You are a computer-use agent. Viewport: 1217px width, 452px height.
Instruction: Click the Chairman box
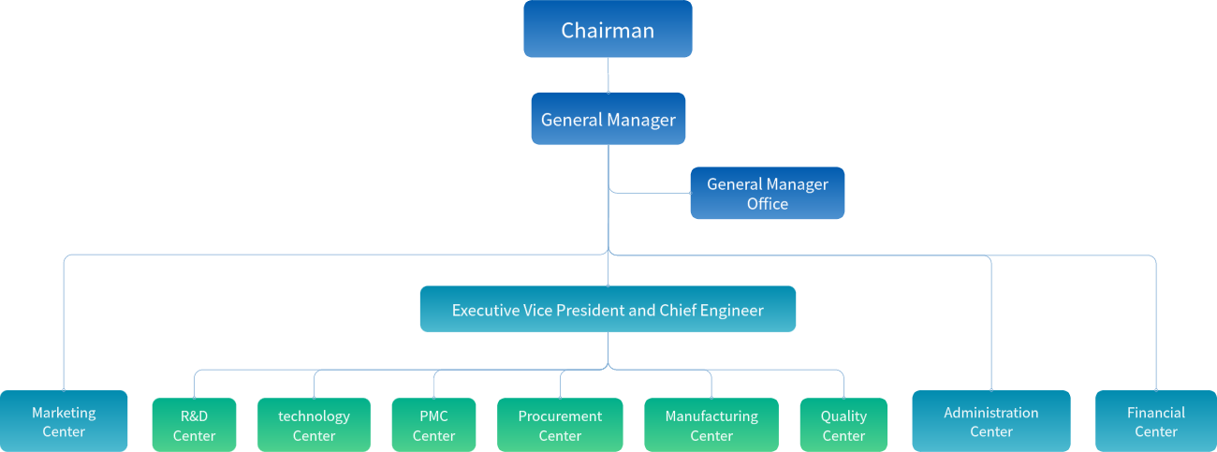pos(608,29)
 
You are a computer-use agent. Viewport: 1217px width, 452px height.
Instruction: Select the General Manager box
pos(608,119)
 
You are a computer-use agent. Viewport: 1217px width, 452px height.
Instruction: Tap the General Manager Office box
pos(767,194)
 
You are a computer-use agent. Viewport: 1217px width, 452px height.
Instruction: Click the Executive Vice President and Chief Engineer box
pos(608,310)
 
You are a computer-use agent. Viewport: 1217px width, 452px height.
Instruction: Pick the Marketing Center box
pos(64,422)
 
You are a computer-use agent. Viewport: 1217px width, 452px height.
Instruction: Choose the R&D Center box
pos(194,426)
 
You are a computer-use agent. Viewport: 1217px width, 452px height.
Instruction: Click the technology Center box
pos(314,426)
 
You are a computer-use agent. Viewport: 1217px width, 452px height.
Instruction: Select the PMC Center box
pos(433,426)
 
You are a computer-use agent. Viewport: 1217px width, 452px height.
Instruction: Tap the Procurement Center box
pos(560,426)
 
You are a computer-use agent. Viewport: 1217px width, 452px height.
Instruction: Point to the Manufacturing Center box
pos(711,426)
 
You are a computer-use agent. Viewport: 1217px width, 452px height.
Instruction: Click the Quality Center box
pos(843,426)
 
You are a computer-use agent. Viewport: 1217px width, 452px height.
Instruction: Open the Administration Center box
pos(990,422)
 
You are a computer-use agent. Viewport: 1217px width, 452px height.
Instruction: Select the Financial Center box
pos(1155,422)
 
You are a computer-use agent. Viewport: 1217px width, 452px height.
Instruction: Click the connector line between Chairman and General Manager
pos(608,75)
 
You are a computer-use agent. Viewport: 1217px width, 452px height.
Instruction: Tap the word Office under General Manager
pos(767,204)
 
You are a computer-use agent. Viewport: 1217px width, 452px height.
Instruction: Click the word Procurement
pos(560,416)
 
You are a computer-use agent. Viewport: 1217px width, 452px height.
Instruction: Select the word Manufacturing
pos(711,416)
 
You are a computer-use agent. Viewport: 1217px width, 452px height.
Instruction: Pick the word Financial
pos(1155,412)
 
